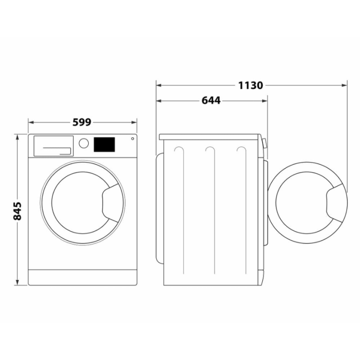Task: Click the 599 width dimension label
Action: pyautogui.click(x=82, y=122)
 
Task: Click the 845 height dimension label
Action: pyautogui.click(x=18, y=211)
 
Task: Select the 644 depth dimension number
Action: pyautogui.click(x=211, y=101)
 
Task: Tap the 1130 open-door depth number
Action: pyautogui.click(x=251, y=85)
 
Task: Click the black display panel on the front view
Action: pyautogui.click(x=104, y=144)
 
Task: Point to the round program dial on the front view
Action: pyautogui.click(x=84, y=143)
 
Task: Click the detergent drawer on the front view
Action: pyautogui.click(x=53, y=145)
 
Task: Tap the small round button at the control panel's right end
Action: pyautogui.click(x=132, y=139)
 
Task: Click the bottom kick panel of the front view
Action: pyautogui.click(x=82, y=277)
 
